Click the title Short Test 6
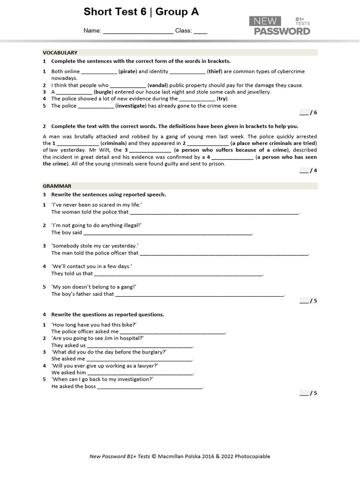(x=115, y=12)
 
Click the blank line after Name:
(x=138, y=31)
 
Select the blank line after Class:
(x=200, y=31)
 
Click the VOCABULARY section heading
(x=60, y=52)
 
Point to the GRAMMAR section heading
(x=57, y=186)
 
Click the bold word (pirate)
(x=127, y=72)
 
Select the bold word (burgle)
(x=103, y=92)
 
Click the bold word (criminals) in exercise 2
(x=113, y=143)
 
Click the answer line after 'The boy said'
(x=168, y=232)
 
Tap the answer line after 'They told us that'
(x=179, y=274)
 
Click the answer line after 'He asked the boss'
(x=150, y=387)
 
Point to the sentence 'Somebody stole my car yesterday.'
(x=95, y=246)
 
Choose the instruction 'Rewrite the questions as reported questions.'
(x=107, y=315)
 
